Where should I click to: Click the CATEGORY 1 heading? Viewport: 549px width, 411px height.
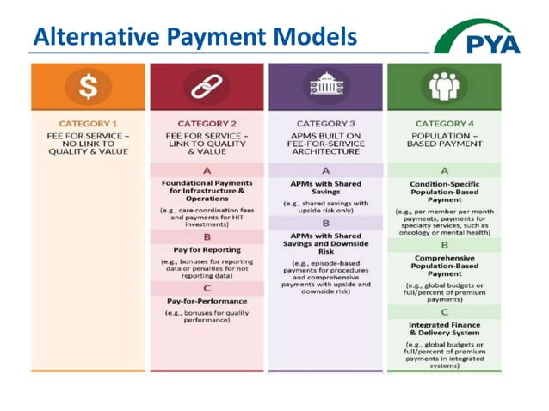[88, 124]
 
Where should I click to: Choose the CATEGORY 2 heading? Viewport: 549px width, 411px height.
[207, 124]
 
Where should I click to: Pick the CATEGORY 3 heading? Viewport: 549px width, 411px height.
[325, 124]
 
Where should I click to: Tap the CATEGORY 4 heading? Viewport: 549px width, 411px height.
[444, 124]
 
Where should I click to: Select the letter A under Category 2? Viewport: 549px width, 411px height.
[207, 170]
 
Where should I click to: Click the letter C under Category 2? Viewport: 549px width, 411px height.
[207, 288]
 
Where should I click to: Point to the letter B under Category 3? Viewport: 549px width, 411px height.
[325, 222]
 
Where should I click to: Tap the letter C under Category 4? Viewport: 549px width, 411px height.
[444, 311]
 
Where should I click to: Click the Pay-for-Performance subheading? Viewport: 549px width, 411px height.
[207, 301]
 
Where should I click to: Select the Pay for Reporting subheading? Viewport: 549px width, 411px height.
[207, 249]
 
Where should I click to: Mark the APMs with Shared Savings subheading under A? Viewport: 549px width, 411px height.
[325, 187]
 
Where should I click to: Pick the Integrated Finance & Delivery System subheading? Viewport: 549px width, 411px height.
[444, 328]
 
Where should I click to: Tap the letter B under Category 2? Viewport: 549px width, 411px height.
[207, 236]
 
